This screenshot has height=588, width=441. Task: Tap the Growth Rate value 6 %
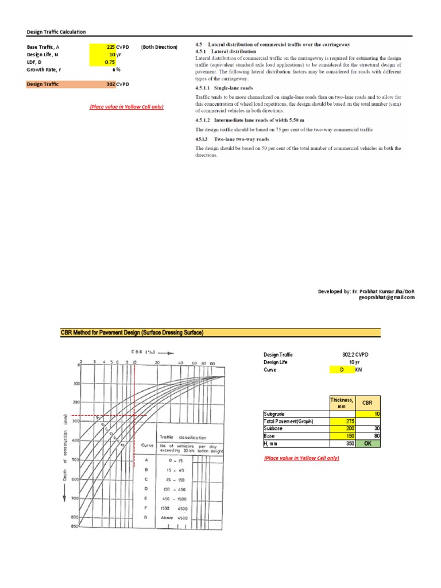(x=115, y=69)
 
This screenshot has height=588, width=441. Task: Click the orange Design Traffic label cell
(x=57, y=84)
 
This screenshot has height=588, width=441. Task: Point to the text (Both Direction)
(x=159, y=47)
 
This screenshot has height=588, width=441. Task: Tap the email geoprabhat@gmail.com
(x=386, y=298)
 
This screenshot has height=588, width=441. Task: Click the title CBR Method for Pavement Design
(x=132, y=332)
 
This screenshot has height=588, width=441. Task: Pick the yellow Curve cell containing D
(x=342, y=370)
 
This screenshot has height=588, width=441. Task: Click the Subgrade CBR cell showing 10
(x=368, y=413)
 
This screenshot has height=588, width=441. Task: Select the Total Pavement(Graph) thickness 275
(x=342, y=421)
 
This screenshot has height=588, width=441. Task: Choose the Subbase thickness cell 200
(x=342, y=428)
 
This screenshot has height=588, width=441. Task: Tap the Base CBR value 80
(x=368, y=436)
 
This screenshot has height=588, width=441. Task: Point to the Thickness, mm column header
(x=342, y=402)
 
